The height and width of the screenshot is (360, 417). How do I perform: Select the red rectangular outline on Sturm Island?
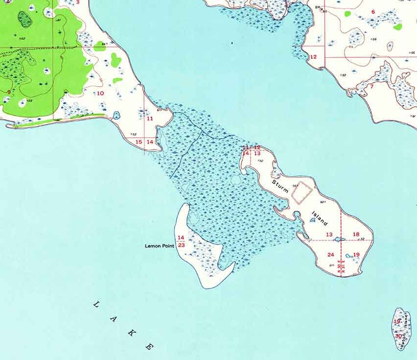pyautogui.click(x=301, y=193)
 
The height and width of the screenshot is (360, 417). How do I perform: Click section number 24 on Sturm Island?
pyautogui.click(x=331, y=255)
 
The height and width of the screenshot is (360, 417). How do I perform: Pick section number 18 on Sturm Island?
pyautogui.click(x=356, y=235)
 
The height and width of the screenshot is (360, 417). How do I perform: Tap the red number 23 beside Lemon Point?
pyautogui.click(x=181, y=245)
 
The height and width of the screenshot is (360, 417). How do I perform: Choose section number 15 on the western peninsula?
pyautogui.click(x=139, y=142)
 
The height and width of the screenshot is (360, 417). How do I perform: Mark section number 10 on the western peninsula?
pyautogui.click(x=100, y=93)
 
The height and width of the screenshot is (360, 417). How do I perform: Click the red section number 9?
pyautogui.click(x=8, y=92)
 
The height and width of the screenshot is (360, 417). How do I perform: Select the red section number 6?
pyautogui.click(x=373, y=12)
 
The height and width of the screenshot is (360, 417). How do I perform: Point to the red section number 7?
pyautogui.click(x=371, y=87)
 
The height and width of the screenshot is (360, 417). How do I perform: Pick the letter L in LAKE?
pyautogui.click(x=96, y=305)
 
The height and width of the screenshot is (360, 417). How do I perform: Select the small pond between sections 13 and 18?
pyautogui.click(x=338, y=240)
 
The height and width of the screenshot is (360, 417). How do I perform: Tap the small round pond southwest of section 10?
pyautogui.click(x=116, y=116)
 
